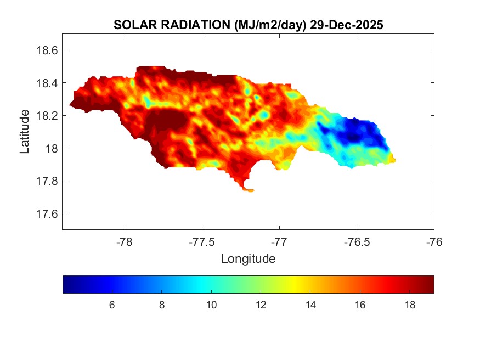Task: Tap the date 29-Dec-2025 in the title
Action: [346, 25]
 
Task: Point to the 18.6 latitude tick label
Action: [47, 50]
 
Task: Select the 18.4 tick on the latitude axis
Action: [47, 83]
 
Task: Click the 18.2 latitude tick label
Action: [47, 116]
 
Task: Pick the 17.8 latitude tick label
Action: [47, 181]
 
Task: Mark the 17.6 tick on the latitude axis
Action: [47, 213]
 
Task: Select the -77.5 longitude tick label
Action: [202, 241]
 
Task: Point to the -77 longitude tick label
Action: [279, 241]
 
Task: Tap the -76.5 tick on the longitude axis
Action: [357, 241]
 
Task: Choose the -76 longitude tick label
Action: [434, 241]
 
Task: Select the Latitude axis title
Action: [25, 132]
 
